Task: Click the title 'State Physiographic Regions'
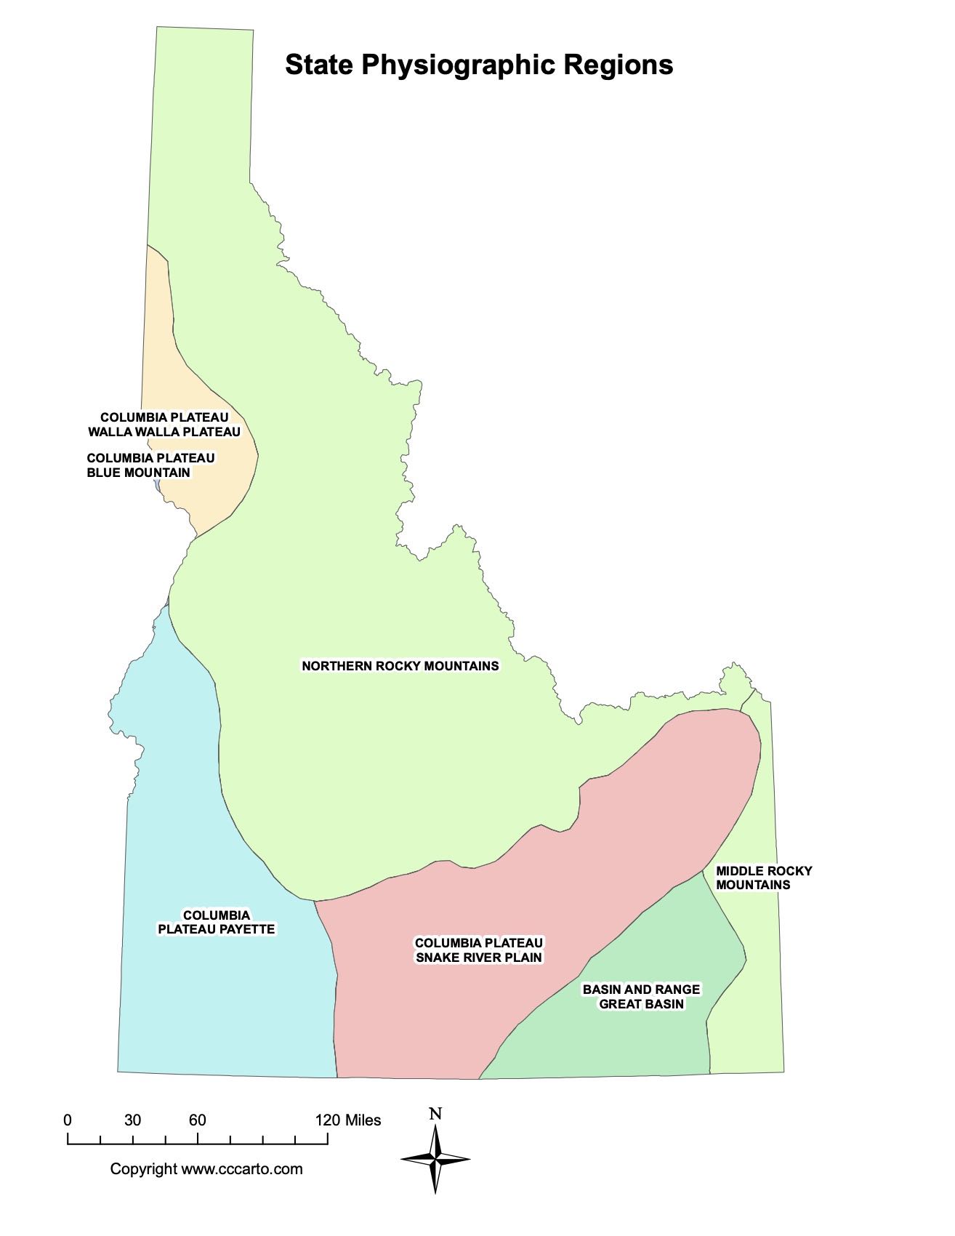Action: pos(478,65)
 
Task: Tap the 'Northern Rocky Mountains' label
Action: pos(400,666)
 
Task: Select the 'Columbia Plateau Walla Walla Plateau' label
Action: pos(164,425)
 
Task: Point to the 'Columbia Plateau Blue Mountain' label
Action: pos(150,465)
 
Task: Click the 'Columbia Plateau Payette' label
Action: pos(217,922)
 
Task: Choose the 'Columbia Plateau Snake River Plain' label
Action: pos(479,950)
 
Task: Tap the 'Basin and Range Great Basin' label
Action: pos(641,997)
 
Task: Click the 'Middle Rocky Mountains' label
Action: pos(763,878)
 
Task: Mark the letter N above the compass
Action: pos(435,1115)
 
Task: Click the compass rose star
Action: pos(435,1159)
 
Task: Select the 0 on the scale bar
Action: pos(68,1120)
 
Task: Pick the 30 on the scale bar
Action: pos(132,1120)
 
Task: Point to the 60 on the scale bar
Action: pos(198,1120)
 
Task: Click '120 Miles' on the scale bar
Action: pos(348,1120)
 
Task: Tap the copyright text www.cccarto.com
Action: pos(206,1169)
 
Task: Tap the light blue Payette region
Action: pos(218,1003)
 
